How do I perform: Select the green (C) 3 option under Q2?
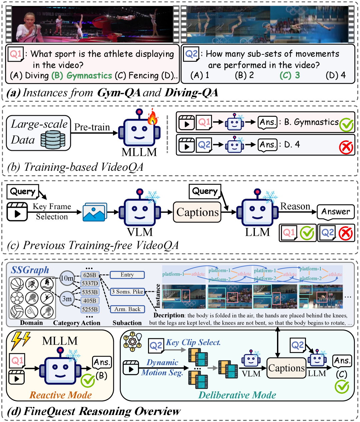[290, 75]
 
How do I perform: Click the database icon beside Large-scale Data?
[53, 139]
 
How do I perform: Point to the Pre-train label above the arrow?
[92, 127]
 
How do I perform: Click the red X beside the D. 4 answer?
[346, 147]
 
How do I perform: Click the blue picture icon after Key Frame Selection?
[95, 212]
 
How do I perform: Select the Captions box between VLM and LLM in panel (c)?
[197, 212]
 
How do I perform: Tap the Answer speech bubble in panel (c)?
[335, 212]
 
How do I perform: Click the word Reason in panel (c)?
[295, 206]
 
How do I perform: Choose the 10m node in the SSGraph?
[67, 278]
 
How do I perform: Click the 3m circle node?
[67, 299]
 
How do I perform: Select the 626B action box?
[90, 275]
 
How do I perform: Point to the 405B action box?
[90, 301]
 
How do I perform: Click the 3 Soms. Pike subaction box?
[127, 292]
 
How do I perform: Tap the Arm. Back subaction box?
[127, 309]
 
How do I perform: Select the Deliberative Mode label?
[237, 395]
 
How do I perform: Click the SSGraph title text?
[30, 270]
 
